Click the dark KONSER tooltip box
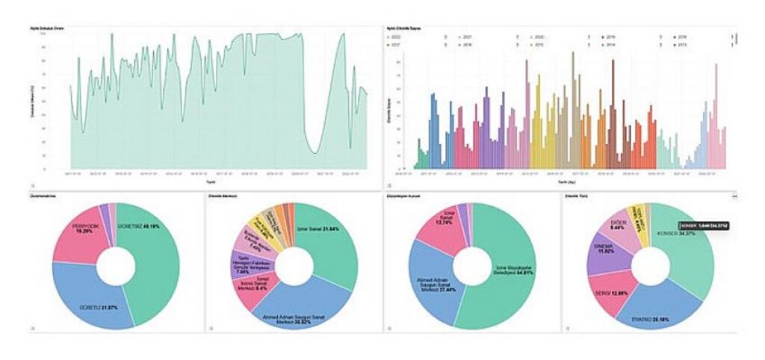703,225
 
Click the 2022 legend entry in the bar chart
395,36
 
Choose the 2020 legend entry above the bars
539,36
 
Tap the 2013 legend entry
682,45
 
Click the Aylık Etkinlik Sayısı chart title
402,28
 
